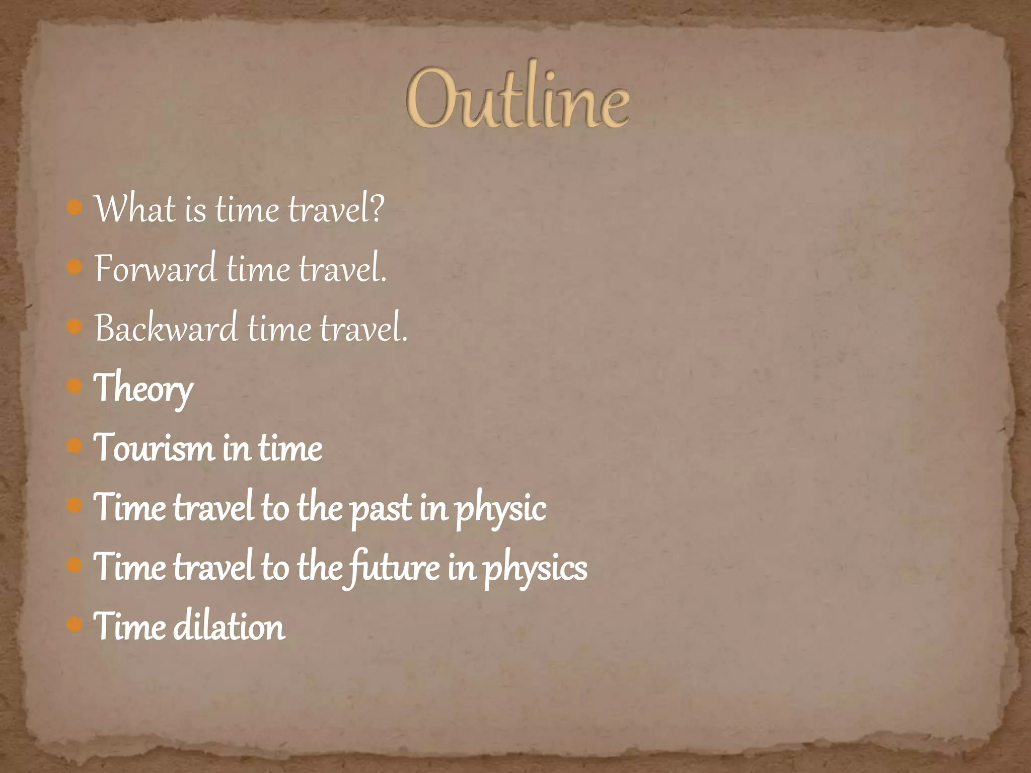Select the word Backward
point(166,328)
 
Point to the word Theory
point(143,388)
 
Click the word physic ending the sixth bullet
point(500,508)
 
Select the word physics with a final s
point(535,568)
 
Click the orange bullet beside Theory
point(74,386)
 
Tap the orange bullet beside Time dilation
point(74,625)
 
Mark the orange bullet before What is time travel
point(74,207)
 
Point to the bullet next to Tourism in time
point(74,446)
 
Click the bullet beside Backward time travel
point(74,327)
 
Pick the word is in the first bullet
point(195,209)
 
